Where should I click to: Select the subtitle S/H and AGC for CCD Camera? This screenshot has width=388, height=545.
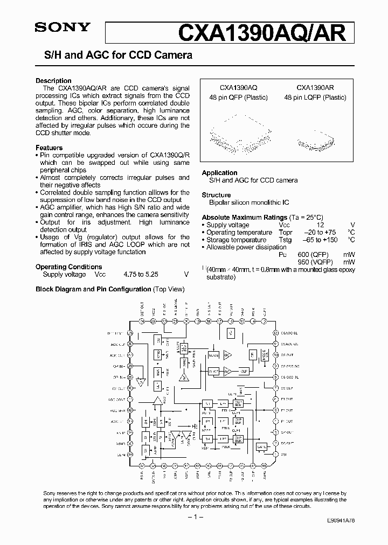click(x=114, y=55)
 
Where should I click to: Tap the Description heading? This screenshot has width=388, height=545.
click(x=53, y=81)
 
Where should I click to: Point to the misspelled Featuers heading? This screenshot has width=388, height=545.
click(x=49, y=148)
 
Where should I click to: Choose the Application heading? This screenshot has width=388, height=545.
click(x=219, y=173)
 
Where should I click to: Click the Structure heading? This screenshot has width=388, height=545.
click(x=216, y=195)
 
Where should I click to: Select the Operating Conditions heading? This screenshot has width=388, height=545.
click(x=68, y=267)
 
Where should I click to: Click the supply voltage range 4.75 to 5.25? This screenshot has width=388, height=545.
click(x=141, y=274)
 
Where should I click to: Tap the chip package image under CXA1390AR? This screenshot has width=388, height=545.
click(x=314, y=142)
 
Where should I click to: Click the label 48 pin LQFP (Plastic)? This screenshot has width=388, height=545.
click(x=314, y=97)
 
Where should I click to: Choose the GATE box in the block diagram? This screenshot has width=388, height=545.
click(x=262, y=446)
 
